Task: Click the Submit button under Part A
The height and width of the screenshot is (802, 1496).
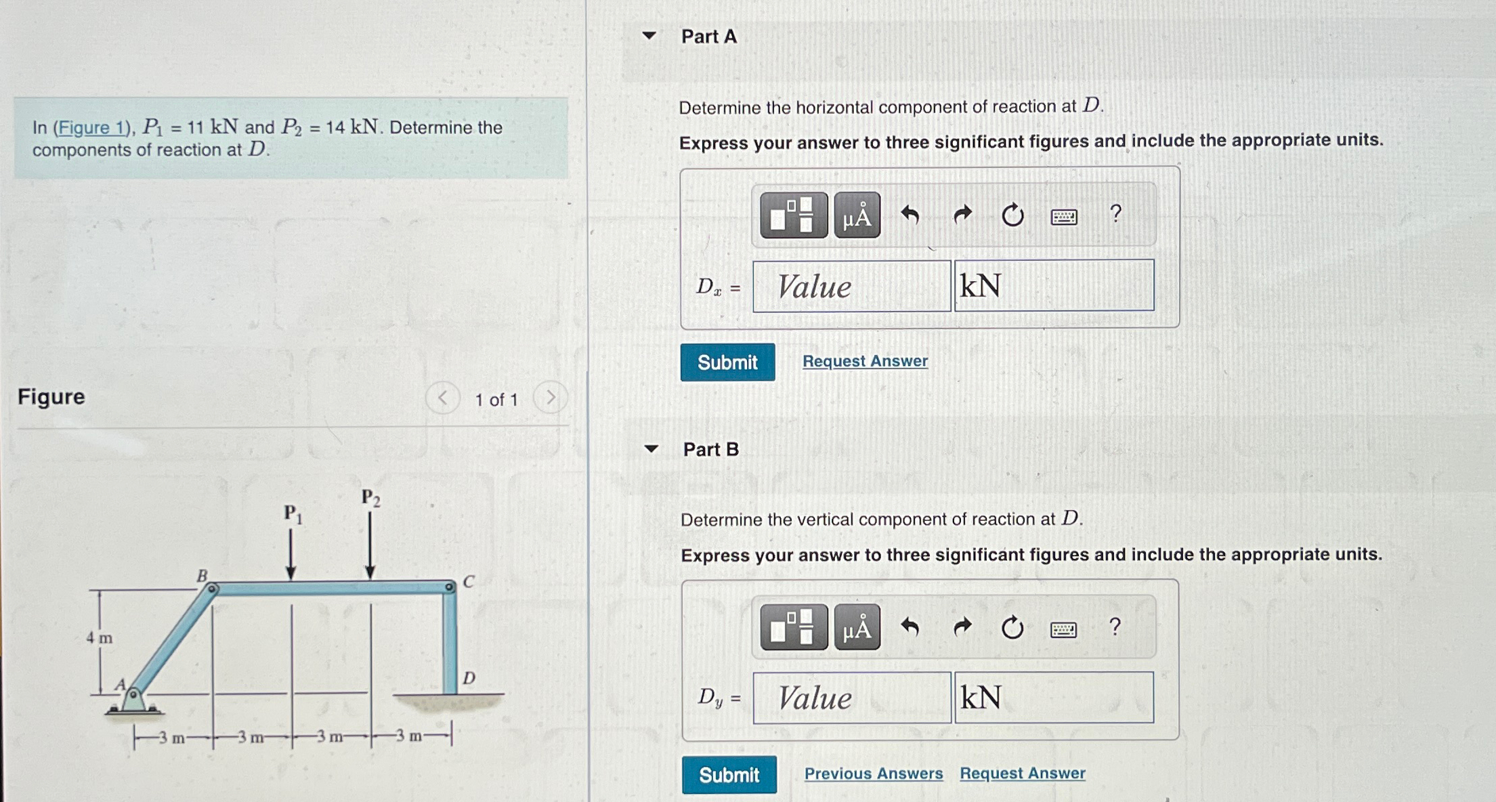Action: [x=727, y=362]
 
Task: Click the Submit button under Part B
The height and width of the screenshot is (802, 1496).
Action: [x=729, y=774]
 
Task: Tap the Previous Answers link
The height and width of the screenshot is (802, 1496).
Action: [x=873, y=773]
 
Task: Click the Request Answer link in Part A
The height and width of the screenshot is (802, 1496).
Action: [x=865, y=361]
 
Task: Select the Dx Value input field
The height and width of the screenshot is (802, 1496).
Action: [x=851, y=287]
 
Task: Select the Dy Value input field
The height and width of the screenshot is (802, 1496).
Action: [x=851, y=698]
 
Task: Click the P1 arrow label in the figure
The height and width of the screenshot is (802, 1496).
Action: [x=293, y=514]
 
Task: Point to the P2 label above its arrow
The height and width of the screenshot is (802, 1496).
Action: [x=370, y=498]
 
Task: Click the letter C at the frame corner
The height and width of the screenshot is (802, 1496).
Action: [x=469, y=581]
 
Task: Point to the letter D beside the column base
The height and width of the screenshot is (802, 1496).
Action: [x=469, y=678]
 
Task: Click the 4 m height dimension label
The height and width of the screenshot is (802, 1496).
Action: [x=100, y=637]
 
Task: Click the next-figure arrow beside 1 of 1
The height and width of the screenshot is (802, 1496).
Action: [x=550, y=398]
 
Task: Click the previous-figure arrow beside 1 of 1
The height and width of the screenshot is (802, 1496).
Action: [x=442, y=398]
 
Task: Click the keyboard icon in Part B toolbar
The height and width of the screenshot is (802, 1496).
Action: [x=1063, y=629]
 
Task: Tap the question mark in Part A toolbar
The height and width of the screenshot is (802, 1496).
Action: [x=1115, y=214]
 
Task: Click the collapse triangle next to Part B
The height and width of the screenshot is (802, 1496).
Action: [x=651, y=448]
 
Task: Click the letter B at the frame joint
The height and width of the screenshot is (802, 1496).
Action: [x=202, y=576]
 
